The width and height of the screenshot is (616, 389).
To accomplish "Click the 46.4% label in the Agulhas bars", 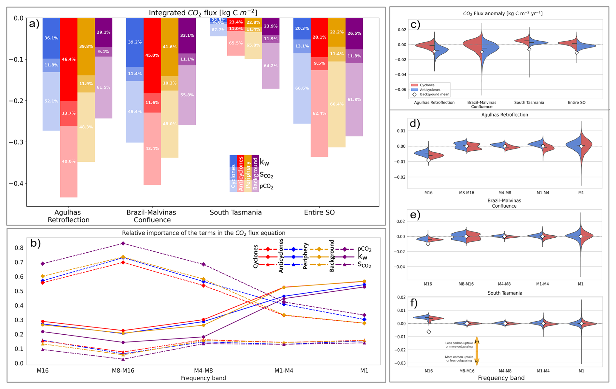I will [x=69, y=59].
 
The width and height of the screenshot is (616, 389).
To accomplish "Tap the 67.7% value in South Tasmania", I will [x=218, y=30].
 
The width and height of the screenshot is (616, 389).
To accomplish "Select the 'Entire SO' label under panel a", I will [x=319, y=213].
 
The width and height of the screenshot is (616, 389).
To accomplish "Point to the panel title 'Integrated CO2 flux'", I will [x=203, y=13].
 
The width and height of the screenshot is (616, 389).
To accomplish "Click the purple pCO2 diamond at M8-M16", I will [x=123, y=243].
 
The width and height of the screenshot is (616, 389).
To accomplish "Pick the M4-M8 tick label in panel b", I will [x=203, y=370].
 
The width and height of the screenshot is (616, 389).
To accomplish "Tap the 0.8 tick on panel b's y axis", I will [x=19, y=248].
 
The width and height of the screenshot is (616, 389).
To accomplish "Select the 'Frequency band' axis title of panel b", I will [x=203, y=378].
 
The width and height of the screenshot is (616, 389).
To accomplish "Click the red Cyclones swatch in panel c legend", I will [x=414, y=85].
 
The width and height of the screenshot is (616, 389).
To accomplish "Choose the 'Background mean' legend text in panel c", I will [x=434, y=94].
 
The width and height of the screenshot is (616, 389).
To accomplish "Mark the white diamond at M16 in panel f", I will [x=429, y=332].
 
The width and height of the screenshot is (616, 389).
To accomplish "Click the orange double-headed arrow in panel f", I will [x=477, y=351].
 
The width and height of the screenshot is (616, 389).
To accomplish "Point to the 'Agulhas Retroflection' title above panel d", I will [x=504, y=115].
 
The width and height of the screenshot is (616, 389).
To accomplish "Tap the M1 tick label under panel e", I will [x=581, y=284].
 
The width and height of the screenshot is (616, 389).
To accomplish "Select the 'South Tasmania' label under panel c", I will [x=529, y=103].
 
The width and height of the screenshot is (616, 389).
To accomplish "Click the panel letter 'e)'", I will [x=415, y=215].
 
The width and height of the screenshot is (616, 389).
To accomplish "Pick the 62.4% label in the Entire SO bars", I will [x=319, y=113].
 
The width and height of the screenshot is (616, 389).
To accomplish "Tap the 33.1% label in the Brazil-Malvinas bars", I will [x=187, y=35].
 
